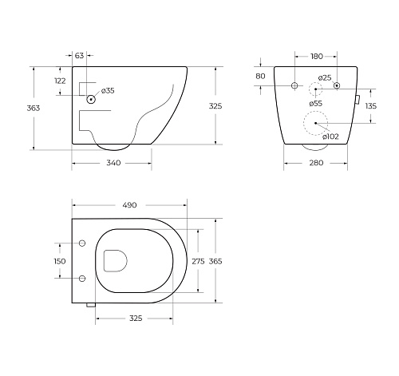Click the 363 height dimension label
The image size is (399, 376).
[34, 108]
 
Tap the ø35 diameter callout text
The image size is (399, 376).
[108, 91]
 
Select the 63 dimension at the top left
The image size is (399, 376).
[79, 56]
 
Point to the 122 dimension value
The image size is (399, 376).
[60, 81]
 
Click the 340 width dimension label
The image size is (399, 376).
[113, 163]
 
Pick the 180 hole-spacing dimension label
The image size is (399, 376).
[317, 57]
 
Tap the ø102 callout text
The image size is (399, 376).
[330, 137]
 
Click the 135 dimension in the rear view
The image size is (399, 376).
[371, 106]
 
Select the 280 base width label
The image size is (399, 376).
[316, 163]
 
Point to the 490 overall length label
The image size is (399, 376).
[129, 205]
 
